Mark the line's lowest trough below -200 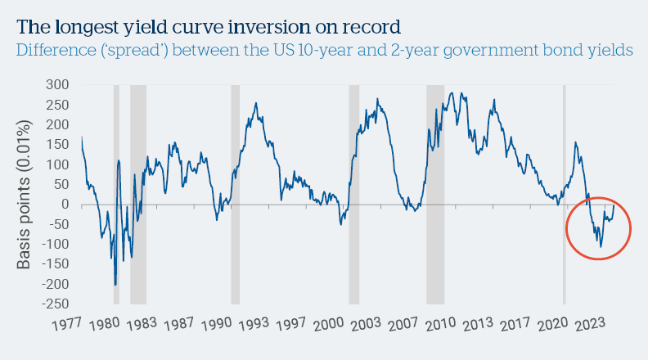[x=115, y=285]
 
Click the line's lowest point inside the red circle [x=601, y=246]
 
